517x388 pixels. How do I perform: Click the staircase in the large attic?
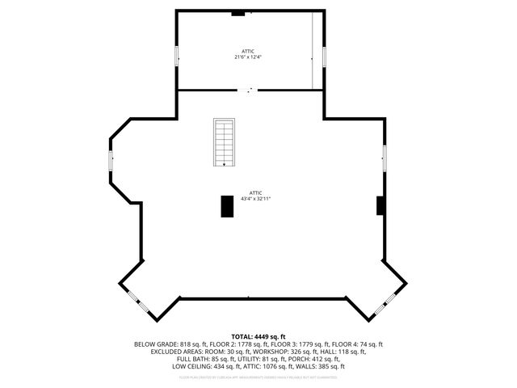pos(224,142)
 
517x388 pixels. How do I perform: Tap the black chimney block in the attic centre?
pos(227,206)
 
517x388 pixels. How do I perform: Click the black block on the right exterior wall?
pos(380,205)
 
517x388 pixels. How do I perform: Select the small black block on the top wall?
pos(238,12)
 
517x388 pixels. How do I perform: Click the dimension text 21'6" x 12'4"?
pos(249,57)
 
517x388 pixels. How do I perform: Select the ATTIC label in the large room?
pos(255,192)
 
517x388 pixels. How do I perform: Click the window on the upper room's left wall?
pos(177,57)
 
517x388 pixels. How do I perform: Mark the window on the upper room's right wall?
pos(324,57)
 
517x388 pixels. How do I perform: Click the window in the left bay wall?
pos(111,159)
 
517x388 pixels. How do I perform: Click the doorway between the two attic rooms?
pos(250,90)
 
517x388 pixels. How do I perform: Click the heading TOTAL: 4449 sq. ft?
pos(258,336)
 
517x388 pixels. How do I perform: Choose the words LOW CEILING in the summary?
pos(191,366)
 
